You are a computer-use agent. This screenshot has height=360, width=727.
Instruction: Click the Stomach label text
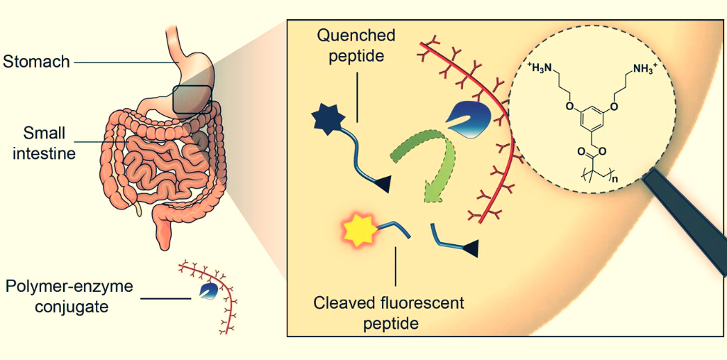pyautogui.click(x=36, y=62)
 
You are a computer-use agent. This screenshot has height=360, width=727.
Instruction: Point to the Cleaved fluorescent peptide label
pyautogui.click(x=389, y=313)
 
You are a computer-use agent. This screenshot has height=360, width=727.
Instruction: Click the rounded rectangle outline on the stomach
pyautogui.click(x=191, y=99)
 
